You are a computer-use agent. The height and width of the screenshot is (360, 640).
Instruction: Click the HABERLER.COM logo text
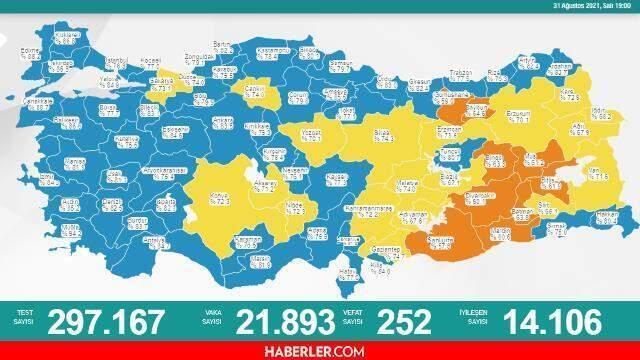click(319, 351)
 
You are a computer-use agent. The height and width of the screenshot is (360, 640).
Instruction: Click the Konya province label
click(217, 194)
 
